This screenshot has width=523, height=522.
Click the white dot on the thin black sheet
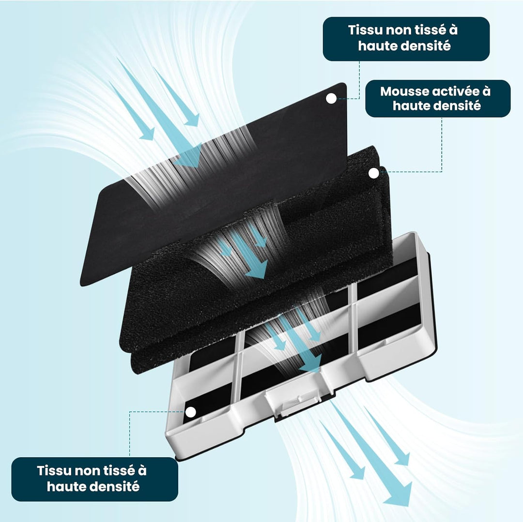click(x=331, y=99)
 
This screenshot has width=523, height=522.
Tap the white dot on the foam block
click(x=373, y=173)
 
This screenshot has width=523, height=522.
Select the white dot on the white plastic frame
click(x=190, y=412)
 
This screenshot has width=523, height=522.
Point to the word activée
click(x=456, y=91)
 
